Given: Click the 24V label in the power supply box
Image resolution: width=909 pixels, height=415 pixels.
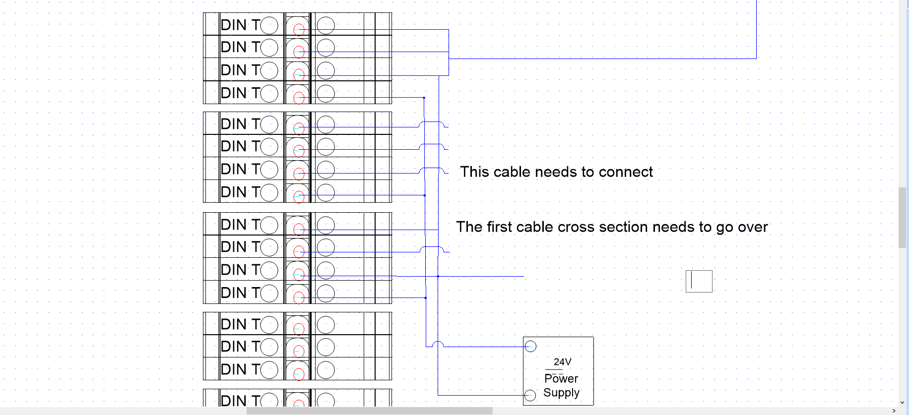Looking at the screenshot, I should click(x=562, y=362).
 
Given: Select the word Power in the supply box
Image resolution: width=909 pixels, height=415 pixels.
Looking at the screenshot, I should click(x=561, y=378).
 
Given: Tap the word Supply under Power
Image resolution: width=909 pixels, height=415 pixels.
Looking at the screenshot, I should click(x=561, y=393).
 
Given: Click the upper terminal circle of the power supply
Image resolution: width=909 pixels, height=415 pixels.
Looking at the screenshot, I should click(x=530, y=346).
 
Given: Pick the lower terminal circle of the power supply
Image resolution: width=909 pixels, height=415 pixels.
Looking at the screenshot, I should click(x=530, y=395).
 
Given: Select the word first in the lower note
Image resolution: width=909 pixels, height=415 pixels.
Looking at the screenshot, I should click(x=498, y=227).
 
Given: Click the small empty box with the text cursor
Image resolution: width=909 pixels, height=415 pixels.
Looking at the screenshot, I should click(x=699, y=281).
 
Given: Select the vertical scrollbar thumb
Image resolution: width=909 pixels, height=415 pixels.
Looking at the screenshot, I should click(x=903, y=217).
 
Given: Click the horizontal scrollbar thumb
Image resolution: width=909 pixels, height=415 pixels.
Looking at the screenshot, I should click(x=369, y=411).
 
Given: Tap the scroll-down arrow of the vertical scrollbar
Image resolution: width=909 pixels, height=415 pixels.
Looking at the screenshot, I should click(x=903, y=403).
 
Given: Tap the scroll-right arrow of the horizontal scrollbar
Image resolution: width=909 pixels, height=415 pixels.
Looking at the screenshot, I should click(x=894, y=411).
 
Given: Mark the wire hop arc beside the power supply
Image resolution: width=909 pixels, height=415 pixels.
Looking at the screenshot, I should click(x=438, y=344).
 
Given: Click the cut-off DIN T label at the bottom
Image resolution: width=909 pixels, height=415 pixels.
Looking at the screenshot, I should click(x=241, y=400).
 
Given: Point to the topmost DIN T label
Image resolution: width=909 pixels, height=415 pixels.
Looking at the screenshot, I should click(x=241, y=25).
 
